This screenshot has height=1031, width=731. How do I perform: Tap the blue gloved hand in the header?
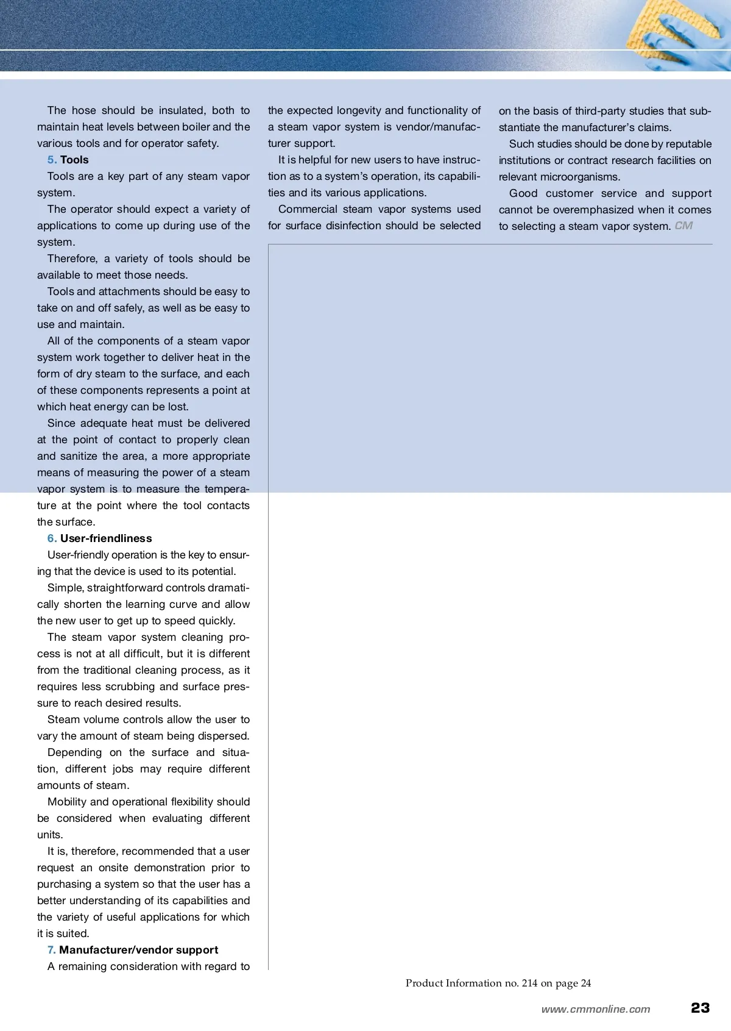click(701, 46)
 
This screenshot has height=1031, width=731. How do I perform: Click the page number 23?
click(701, 1008)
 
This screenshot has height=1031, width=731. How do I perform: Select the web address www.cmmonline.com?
click(596, 1009)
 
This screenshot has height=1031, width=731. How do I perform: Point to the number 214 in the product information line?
click(529, 983)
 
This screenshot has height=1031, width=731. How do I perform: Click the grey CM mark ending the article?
click(683, 226)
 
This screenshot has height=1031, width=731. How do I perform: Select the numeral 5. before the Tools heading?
click(52, 160)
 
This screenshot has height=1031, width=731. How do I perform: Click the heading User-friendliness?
click(106, 538)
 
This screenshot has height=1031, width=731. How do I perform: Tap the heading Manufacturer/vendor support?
click(138, 950)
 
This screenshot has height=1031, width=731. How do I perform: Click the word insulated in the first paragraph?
click(182, 110)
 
